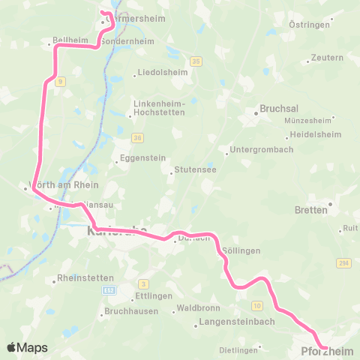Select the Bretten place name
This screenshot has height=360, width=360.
(311, 210)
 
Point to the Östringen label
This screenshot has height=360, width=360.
(306, 25)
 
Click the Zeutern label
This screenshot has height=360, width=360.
(328, 57)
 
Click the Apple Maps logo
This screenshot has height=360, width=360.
(27, 347)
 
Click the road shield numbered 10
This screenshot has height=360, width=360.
(257, 305)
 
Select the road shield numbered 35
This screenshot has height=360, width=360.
(196, 61)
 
